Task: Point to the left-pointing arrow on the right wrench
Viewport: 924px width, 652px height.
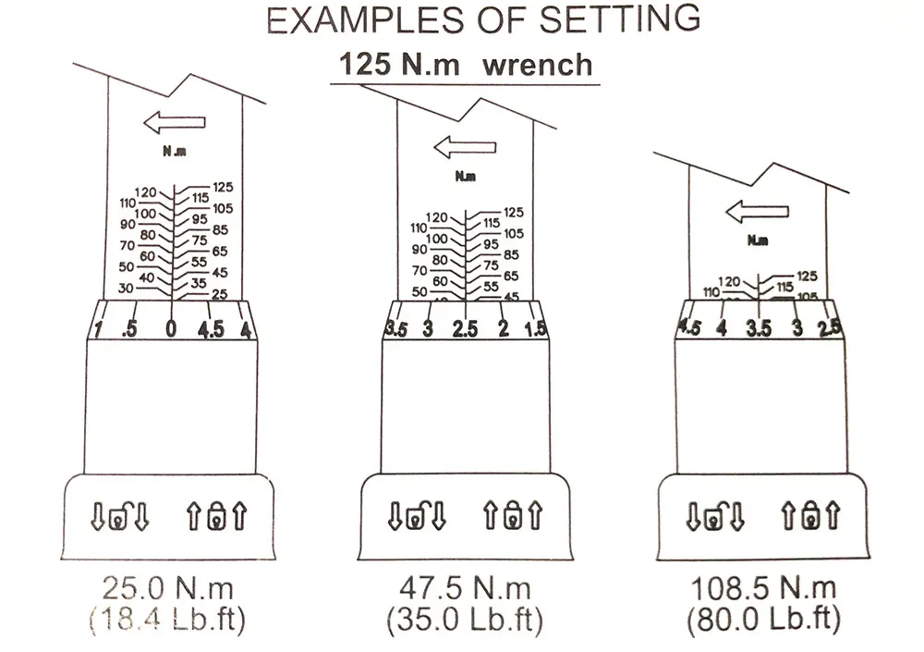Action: tap(758, 212)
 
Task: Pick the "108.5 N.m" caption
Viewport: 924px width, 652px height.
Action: tap(762, 587)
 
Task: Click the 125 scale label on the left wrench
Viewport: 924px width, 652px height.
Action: tap(223, 187)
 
